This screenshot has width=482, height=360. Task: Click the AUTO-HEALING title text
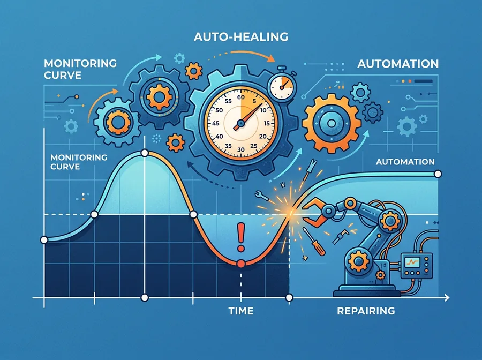[x=241, y=36]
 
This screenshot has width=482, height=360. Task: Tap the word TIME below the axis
[x=241, y=311]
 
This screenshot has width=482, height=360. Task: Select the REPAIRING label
[x=366, y=311]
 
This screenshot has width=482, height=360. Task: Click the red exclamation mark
[x=241, y=237]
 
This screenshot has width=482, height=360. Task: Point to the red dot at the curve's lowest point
[x=241, y=264]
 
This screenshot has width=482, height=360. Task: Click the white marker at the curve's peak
[x=144, y=153]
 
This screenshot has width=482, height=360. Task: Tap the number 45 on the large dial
[x=216, y=123]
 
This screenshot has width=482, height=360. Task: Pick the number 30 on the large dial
[x=241, y=149]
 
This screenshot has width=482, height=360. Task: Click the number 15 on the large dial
[x=267, y=123]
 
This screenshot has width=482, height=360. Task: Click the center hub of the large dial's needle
[x=240, y=124]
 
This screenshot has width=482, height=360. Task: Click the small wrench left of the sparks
[x=262, y=196]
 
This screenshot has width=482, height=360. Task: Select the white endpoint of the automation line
[x=438, y=174]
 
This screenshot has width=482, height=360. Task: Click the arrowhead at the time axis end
[x=446, y=298]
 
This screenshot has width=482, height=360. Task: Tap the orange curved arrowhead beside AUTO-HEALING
[x=270, y=58]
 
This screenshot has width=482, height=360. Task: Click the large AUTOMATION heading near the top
[x=398, y=64]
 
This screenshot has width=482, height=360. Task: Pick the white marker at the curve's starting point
[x=44, y=240]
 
